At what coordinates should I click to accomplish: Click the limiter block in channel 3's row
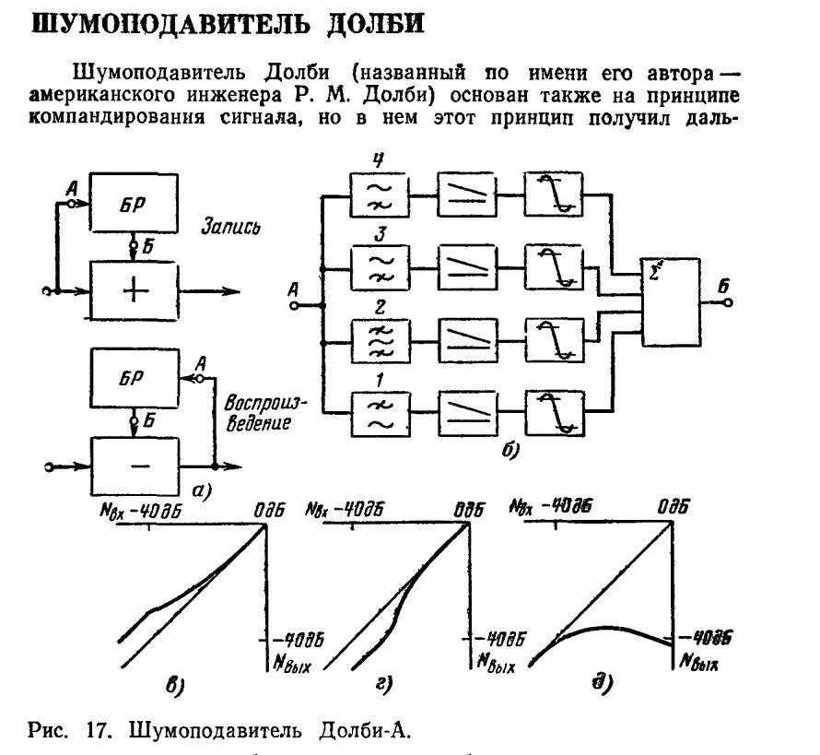tap(551, 267)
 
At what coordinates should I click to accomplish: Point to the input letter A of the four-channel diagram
tap(294, 290)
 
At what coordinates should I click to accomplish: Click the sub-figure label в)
tap(174, 685)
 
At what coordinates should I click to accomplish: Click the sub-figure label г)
tap(385, 684)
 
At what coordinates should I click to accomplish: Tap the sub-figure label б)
tap(510, 451)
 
